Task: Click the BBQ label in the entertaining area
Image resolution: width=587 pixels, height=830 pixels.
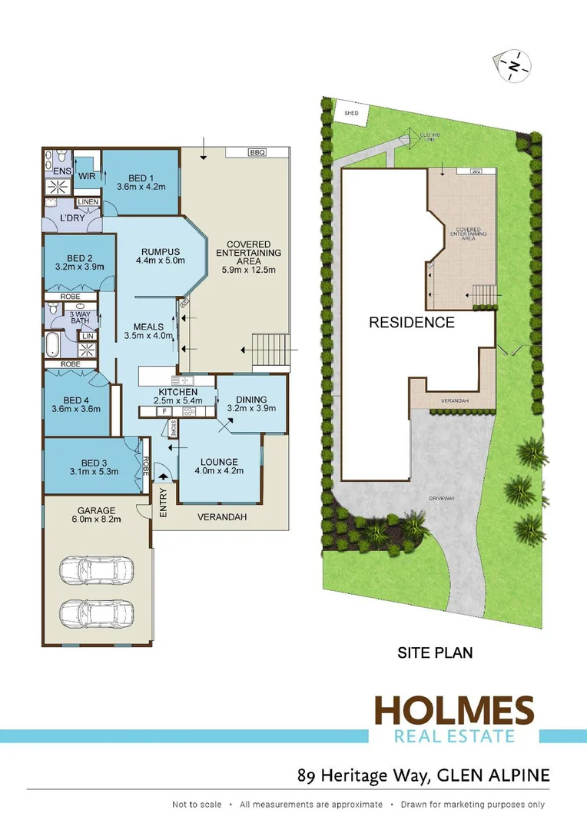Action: (x=257, y=153)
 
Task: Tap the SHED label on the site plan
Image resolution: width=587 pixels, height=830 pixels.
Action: (x=351, y=113)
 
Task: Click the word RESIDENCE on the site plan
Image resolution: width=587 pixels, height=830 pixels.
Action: (x=412, y=322)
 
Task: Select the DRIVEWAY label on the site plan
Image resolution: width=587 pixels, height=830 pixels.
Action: (x=443, y=499)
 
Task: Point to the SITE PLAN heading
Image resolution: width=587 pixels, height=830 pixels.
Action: (x=435, y=653)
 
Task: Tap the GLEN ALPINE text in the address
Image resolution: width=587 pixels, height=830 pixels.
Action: (x=493, y=775)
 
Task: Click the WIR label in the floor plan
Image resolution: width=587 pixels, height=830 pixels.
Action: (x=86, y=176)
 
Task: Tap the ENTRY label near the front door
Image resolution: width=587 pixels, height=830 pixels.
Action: (x=163, y=502)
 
